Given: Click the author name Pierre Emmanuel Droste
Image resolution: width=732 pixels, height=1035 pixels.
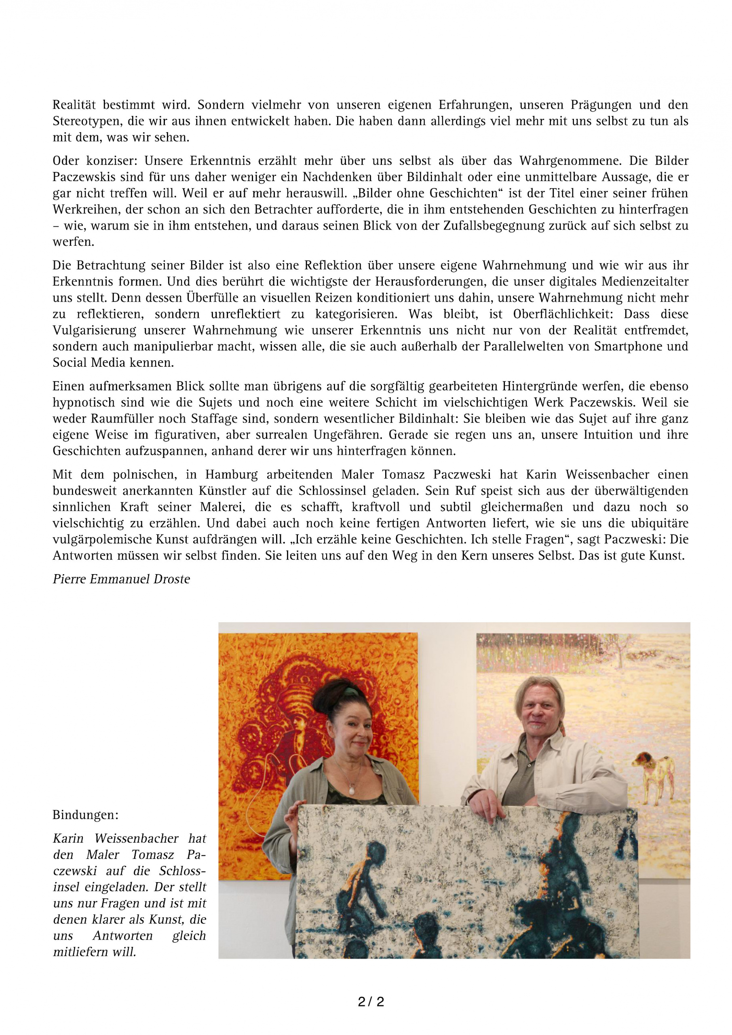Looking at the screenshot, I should pos(121,579).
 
